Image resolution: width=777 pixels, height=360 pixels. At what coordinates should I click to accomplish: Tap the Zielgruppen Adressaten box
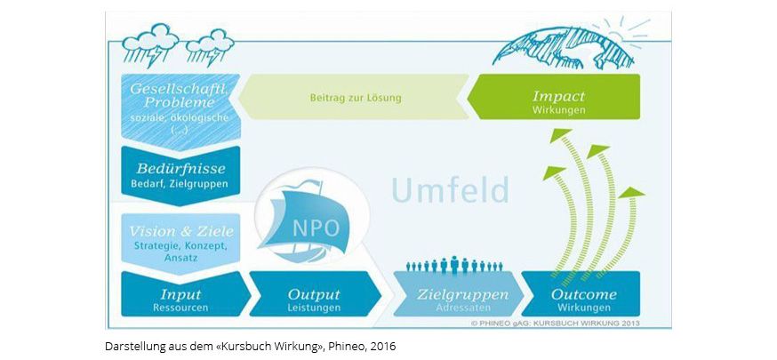tap(452, 299)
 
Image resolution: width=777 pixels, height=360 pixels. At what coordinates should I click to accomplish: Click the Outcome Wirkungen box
tap(583, 299)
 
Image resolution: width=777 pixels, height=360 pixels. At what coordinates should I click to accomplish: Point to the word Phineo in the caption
tap(334, 345)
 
